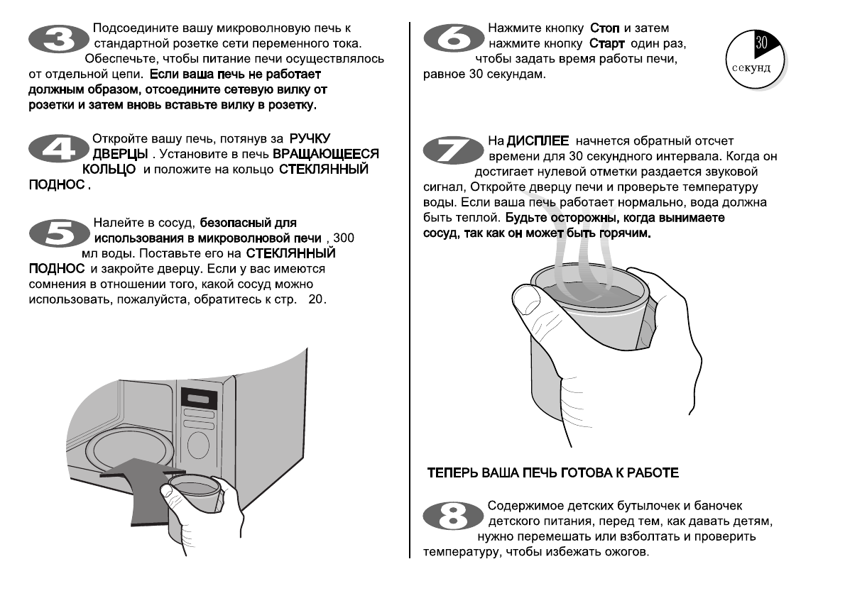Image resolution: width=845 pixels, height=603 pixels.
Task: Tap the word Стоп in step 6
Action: coord(606,29)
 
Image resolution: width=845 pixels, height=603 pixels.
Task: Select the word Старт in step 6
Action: coord(606,44)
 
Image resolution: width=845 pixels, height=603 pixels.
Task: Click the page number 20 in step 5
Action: coord(315,299)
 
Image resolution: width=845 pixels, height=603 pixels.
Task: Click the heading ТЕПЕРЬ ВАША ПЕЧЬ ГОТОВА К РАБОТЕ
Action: coord(552,472)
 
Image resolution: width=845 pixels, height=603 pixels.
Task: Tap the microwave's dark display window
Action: coord(198,397)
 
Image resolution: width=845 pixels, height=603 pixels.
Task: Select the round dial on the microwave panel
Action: coord(198,446)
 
